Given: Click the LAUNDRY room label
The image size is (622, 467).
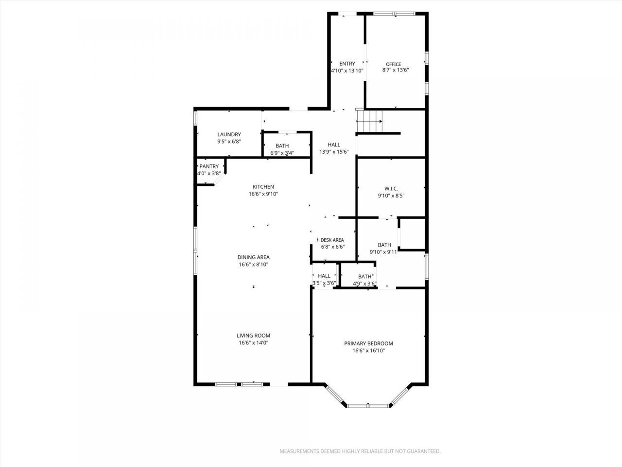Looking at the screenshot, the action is pyautogui.click(x=229, y=134).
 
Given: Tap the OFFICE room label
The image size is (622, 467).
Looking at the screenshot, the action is pyautogui.click(x=393, y=64).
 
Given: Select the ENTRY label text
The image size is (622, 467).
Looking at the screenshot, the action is pyautogui.click(x=347, y=64).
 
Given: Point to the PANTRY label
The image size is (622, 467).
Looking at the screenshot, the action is pyautogui.click(x=209, y=166).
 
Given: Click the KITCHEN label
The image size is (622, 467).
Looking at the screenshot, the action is pyautogui.click(x=263, y=187).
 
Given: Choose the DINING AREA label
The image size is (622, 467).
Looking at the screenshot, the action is pyautogui.click(x=253, y=257).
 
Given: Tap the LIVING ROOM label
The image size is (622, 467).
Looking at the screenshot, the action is pyautogui.click(x=253, y=336).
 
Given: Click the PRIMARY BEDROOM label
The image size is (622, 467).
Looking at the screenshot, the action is pyautogui.click(x=368, y=343).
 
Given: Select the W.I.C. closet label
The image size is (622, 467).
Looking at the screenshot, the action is pyautogui.click(x=391, y=189).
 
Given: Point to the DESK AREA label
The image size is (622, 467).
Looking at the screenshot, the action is pyautogui.click(x=332, y=240).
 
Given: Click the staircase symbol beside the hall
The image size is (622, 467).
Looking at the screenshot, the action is pyautogui.click(x=369, y=121).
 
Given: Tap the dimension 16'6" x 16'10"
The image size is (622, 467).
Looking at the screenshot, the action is pyautogui.click(x=368, y=351).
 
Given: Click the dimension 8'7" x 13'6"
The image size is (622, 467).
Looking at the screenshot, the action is pyautogui.click(x=395, y=70).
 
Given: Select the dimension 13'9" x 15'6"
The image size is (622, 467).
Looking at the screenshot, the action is pyautogui.click(x=334, y=152).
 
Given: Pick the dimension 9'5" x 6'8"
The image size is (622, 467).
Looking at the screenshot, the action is pyautogui.click(x=229, y=142).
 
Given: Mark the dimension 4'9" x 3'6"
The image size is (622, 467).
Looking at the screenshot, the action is pyautogui.click(x=364, y=284).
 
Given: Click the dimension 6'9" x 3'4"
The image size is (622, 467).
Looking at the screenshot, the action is pyautogui.click(x=282, y=153).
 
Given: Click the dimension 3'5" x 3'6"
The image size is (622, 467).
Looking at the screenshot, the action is pyautogui.click(x=324, y=283).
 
